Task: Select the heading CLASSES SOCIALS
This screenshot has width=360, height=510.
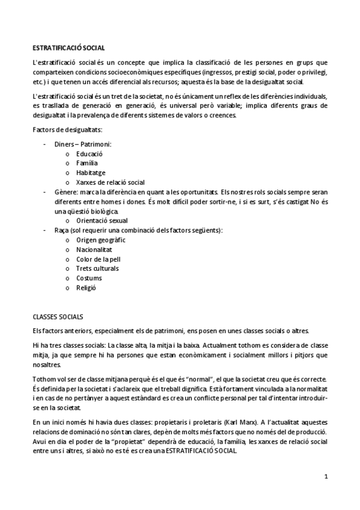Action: [x=58, y=316]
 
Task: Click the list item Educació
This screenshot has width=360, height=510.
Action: [x=90, y=154]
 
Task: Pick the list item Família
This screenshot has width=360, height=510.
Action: [x=87, y=163]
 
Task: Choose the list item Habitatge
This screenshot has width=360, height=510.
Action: [x=90, y=173]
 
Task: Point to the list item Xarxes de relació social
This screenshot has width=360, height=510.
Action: [x=110, y=182]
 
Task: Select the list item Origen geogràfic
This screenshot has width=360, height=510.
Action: [x=101, y=240]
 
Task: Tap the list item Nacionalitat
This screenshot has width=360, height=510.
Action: [x=94, y=250]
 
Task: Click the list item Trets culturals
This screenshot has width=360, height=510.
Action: [x=97, y=268]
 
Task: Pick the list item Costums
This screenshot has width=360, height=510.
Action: [x=89, y=278]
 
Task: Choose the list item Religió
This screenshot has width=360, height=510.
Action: [x=86, y=287]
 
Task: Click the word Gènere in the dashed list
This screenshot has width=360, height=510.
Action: [x=65, y=192]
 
